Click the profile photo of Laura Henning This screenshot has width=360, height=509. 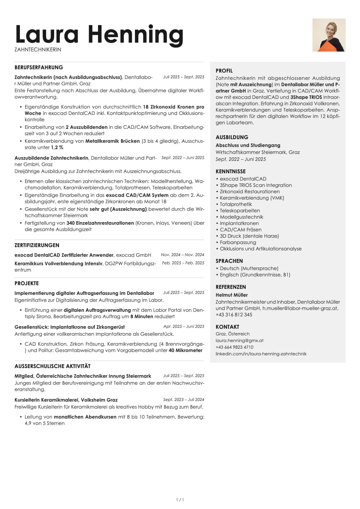[x=329, y=35]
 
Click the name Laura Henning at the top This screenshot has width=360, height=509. [x=99, y=34]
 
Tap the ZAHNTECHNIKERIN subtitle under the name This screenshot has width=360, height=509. [x=38, y=50]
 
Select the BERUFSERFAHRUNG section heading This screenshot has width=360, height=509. [x=39, y=67]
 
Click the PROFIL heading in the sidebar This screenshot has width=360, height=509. [x=224, y=71]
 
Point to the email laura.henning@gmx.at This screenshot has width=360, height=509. [x=239, y=341]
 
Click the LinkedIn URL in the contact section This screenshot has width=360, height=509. [x=261, y=354]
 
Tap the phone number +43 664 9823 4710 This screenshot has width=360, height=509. [x=234, y=347]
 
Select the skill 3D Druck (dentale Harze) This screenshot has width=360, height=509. [x=249, y=236]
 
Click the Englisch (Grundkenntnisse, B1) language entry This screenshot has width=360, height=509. [x=255, y=275]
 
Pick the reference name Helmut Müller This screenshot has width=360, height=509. [x=232, y=295]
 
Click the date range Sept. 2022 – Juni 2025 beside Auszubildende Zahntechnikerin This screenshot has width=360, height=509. [x=183, y=158]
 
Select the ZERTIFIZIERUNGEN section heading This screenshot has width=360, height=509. [x=37, y=245]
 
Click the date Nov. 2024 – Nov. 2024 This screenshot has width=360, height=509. [x=182, y=255]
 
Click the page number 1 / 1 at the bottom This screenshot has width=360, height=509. [x=180, y=500]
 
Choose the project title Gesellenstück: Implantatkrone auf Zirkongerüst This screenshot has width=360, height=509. [x=70, y=327]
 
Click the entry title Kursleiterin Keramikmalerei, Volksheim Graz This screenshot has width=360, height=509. [x=66, y=400]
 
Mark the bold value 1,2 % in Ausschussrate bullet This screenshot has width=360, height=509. [x=57, y=147]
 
